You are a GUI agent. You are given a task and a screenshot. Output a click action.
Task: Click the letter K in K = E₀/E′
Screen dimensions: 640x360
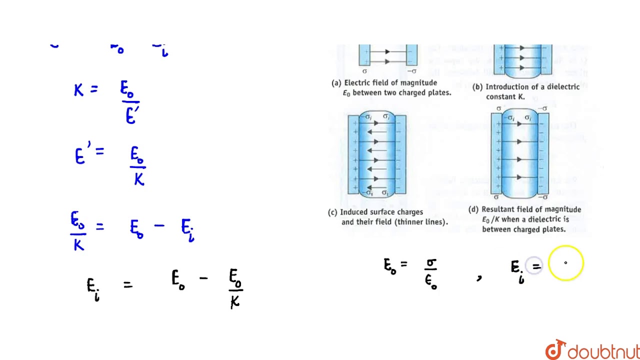(x=78, y=90)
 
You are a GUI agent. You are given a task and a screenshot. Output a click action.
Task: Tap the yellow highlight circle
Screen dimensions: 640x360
(x=565, y=263)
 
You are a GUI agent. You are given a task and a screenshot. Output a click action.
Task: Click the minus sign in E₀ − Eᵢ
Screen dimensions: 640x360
(x=159, y=226)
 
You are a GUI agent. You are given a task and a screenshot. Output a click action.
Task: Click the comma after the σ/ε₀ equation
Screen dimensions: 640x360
(x=479, y=278)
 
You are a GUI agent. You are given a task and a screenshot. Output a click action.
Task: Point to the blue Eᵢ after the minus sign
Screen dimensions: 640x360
(x=187, y=229)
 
